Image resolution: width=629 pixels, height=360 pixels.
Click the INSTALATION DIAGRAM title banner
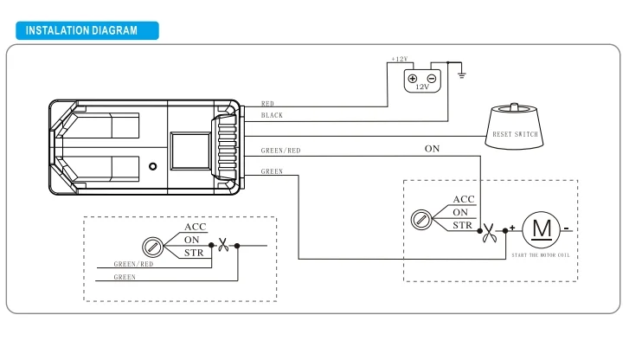pyautogui.click(x=87, y=30)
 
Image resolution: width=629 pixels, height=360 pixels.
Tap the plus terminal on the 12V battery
pyautogui.click(x=413, y=79)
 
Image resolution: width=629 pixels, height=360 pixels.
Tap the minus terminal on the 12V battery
pyautogui.click(x=432, y=79)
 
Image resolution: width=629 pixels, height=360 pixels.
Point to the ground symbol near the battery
pyautogui.click(x=462, y=74)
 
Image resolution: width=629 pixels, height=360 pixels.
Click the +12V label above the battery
pyautogui.click(x=400, y=59)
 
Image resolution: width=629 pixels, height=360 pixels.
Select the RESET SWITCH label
pyautogui.click(x=515, y=134)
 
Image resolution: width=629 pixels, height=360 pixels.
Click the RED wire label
pyautogui.click(x=267, y=104)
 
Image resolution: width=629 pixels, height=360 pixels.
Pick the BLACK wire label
pyautogui.click(x=272, y=115)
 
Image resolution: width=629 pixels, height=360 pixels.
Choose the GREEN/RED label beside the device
pyautogui.click(x=281, y=151)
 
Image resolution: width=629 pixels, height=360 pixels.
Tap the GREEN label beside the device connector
pyautogui.click(x=272, y=171)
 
